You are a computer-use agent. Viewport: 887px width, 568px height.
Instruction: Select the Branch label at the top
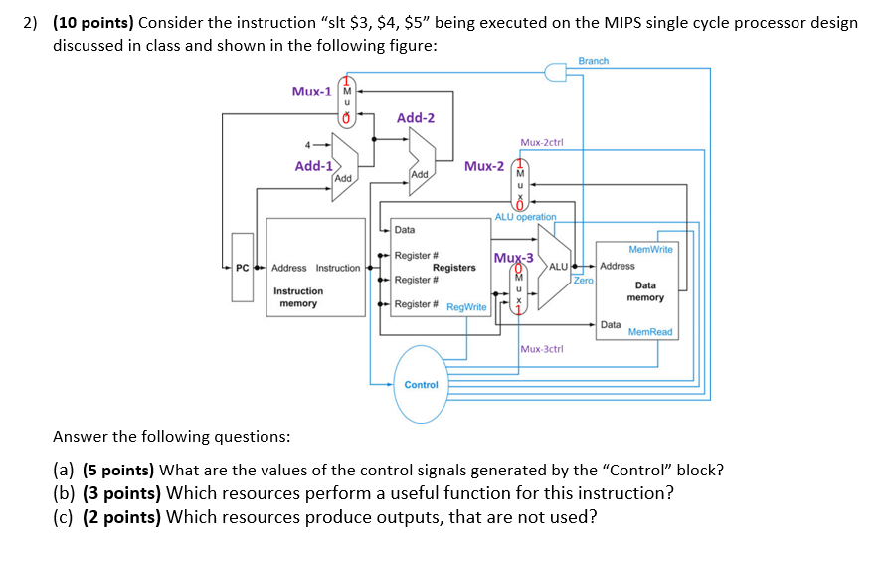coord(593,61)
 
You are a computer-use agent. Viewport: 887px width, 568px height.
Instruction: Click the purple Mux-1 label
coord(311,92)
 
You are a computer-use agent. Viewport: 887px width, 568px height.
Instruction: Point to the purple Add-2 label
coord(416,118)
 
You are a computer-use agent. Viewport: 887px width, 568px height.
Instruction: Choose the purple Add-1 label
coord(313,166)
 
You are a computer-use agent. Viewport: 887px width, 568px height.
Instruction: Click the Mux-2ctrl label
coord(542,142)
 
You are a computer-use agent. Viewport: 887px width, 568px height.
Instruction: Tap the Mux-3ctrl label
coord(542,349)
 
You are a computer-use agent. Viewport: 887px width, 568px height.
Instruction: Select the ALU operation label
coord(526,216)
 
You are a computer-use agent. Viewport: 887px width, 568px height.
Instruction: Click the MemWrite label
coord(651,249)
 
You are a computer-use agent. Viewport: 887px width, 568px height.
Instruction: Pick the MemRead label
coord(650,331)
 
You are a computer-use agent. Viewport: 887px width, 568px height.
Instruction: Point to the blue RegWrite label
coord(466,307)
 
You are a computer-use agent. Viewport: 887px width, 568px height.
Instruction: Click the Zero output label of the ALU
coord(583,281)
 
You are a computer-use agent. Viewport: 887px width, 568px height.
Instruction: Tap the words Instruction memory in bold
coord(298,297)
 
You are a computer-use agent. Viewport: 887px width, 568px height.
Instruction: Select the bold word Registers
coord(453,268)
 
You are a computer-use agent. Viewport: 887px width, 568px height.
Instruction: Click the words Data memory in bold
coord(645,291)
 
